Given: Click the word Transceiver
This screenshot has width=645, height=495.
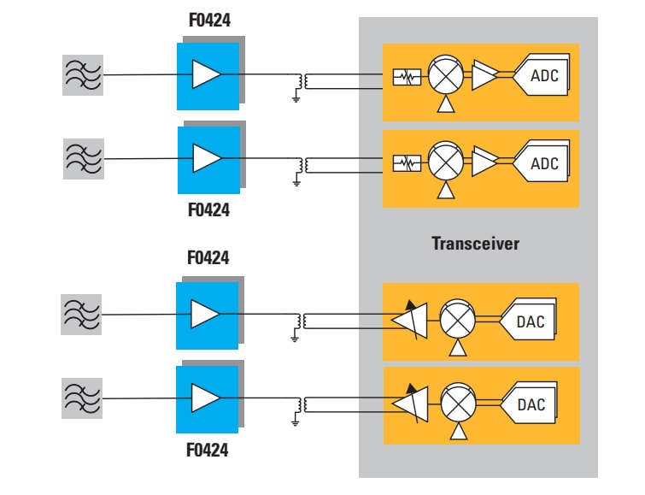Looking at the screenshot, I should pyautogui.click(x=475, y=244).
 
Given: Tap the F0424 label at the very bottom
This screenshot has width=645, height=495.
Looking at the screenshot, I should pyautogui.click(x=209, y=451).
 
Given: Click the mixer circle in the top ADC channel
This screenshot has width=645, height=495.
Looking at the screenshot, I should pyautogui.click(x=444, y=76).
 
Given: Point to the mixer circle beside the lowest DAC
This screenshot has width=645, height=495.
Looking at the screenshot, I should pyautogui.click(x=458, y=404).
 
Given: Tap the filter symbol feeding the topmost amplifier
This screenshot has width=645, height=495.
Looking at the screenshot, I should pyautogui.click(x=83, y=75).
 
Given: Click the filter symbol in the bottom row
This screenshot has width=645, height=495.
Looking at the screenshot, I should pyautogui.click(x=83, y=398).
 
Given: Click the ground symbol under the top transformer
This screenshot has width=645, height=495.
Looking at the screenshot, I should pyautogui.click(x=296, y=98).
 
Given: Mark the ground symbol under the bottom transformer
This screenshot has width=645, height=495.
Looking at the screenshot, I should pyautogui.click(x=296, y=421).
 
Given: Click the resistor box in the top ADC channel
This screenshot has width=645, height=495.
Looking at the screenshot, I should pyautogui.click(x=408, y=77).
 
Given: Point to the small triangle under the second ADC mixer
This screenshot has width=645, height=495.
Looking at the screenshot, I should pyautogui.click(x=444, y=189).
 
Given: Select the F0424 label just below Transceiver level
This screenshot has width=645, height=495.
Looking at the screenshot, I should pyautogui.click(x=209, y=257).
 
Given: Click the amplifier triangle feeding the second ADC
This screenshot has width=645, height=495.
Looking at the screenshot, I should pyautogui.click(x=484, y=162).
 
